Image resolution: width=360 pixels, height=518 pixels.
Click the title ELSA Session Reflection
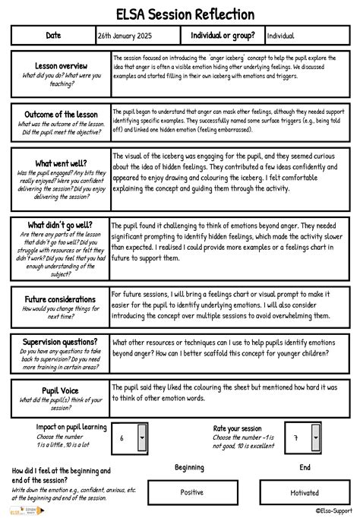(180, 14)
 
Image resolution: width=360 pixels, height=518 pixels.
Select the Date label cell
(53, 36)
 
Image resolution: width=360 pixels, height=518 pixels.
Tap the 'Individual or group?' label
(223, 36)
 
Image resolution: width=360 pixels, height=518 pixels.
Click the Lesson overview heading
(61, 67)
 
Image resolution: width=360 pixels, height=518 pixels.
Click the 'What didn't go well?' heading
(60, 226)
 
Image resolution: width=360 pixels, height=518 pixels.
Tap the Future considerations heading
(61, 299)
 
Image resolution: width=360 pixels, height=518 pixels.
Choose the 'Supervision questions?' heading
(61, 342)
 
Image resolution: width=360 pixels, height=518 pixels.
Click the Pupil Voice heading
(61, 390)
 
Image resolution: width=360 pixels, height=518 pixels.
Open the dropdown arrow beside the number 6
(143, 438)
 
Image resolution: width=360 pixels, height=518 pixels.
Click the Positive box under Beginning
(191, 492)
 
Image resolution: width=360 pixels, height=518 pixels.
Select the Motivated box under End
(305, 492)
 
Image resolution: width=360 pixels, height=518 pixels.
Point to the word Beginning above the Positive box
(190, 468)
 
